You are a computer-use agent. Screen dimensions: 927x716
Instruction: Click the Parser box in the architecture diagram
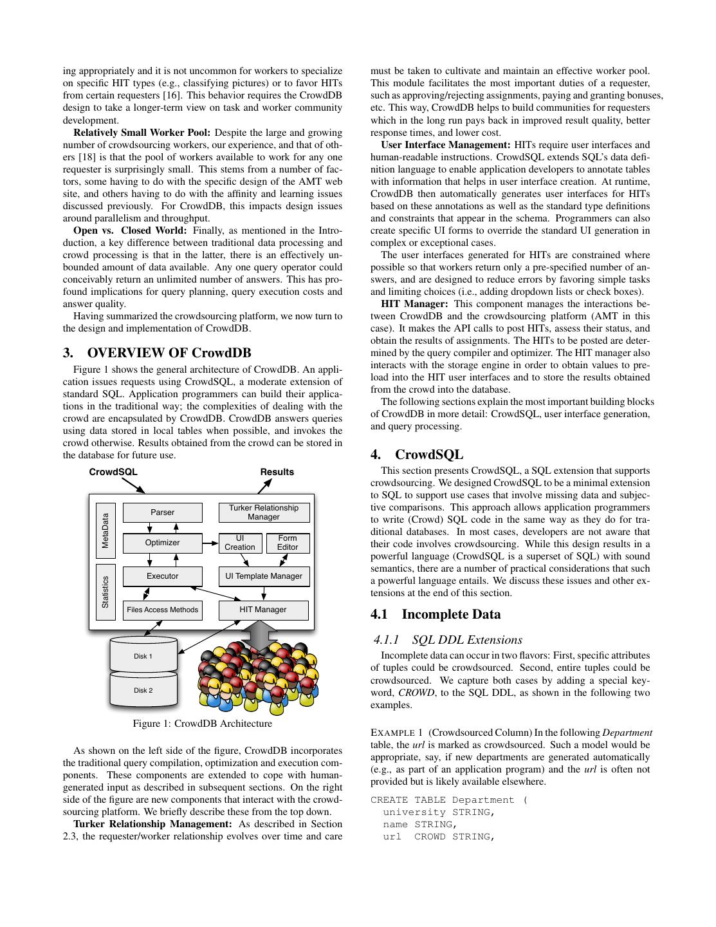coord(162,512)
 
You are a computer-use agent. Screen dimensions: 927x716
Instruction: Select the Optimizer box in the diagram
coord(162,543)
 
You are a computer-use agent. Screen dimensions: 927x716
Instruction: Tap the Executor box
coord(162,576)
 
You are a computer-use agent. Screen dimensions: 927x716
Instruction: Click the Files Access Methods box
coord(162,610)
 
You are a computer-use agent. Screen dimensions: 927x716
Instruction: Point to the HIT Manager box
coord(263,610)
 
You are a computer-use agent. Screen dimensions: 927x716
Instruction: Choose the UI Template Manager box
coord(264,576)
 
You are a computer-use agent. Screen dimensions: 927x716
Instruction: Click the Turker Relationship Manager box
coord(264,512)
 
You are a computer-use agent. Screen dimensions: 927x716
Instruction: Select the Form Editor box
coord(288,543)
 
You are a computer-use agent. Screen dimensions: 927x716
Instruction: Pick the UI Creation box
coord(240,543)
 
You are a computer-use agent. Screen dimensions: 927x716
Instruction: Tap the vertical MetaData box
coord(106,530)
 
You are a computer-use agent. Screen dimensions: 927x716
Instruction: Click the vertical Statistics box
coord(106,592)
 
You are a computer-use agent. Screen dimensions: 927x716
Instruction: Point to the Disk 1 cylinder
coord(143,655)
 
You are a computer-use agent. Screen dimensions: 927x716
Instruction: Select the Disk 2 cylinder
coord(143,690)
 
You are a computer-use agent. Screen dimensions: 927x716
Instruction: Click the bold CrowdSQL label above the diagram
coord(113,472)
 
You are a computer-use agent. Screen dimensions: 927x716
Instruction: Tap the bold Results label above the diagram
coord(277,472)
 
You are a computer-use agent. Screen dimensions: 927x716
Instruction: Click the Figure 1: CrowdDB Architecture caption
coord(202,724)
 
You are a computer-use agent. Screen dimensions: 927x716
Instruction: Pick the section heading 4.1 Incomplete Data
coord(436,614)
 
